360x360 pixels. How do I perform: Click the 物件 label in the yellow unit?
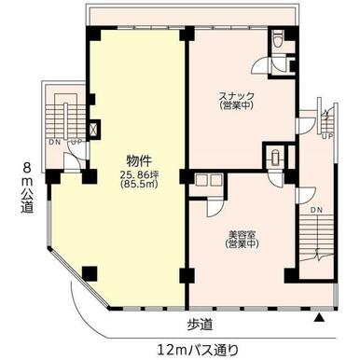[x=139, y=161]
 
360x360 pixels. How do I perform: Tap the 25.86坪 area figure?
[x=140, y=175]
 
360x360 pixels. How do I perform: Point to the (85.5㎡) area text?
[x=140, y=184]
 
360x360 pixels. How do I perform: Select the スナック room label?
[x=237, y=95]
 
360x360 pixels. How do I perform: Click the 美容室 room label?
[x=242, y=234]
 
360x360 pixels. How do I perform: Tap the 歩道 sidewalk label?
[x=200, y=325]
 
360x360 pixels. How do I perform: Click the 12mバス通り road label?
[x=198, y=350]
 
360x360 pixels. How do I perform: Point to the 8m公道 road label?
[x=27, y=188]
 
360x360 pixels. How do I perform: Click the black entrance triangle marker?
[x=319, y=318]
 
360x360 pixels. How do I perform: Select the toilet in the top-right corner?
[x=278, y=40]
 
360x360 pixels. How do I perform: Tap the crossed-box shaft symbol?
[x=94, y=129]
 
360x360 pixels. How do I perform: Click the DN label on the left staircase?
[x=55, y=142]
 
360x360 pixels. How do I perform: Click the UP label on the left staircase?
[x=76, y=142]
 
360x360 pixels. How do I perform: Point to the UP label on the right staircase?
[x=327, y=136]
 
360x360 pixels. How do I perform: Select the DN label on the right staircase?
[x=316, y=210]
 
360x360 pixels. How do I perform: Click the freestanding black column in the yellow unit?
[x=90, y=273]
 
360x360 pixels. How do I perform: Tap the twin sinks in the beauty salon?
[x=209, y=180]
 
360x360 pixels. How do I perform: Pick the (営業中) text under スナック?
[x=237, y=105]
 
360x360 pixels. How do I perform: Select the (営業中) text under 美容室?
[x=242, y=244]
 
